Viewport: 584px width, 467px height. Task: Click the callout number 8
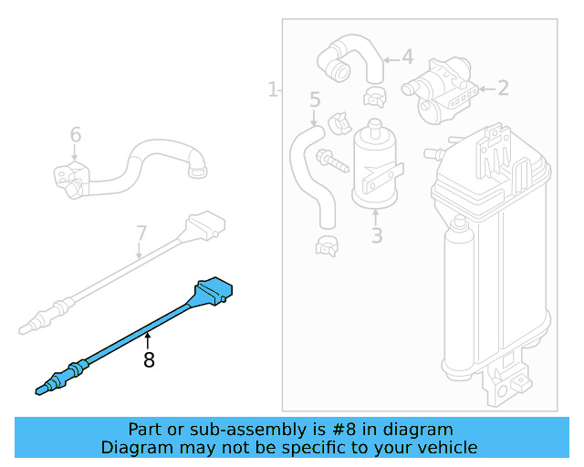pyautogui.click(x=149, y=360)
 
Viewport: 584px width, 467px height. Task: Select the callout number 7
pyautogui.click(x=141, y=233)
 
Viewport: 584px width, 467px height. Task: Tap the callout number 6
pyautogui.click(x=76, y=135)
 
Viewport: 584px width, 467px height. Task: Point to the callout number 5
pyautogui.click(x=315, y=99)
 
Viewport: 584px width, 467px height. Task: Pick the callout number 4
pyautogui.click(x=407, y=57)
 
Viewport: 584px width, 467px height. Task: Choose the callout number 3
pyautogui.click(x=377, y=236)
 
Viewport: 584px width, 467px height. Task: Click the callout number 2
pyautogui.click(x=502, y=88)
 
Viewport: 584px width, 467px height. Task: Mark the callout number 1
pyautogui.click(x=272, y=89)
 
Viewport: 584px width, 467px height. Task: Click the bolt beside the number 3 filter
pyautogui.click(x=332, y=163)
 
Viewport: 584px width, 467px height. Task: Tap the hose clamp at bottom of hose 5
pyautogui.click(x=327, y=244)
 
